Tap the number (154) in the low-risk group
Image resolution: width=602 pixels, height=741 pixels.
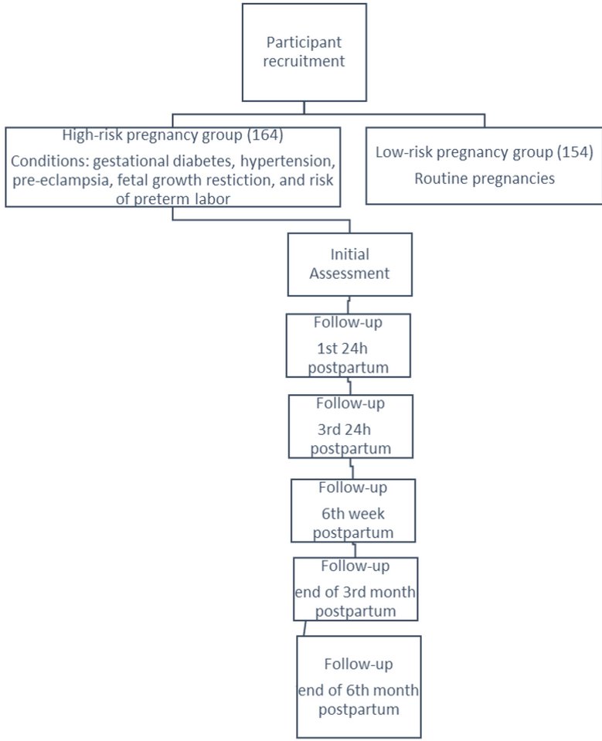[x=575, y=152]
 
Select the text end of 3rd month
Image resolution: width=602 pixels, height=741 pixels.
[x=355, y=593]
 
